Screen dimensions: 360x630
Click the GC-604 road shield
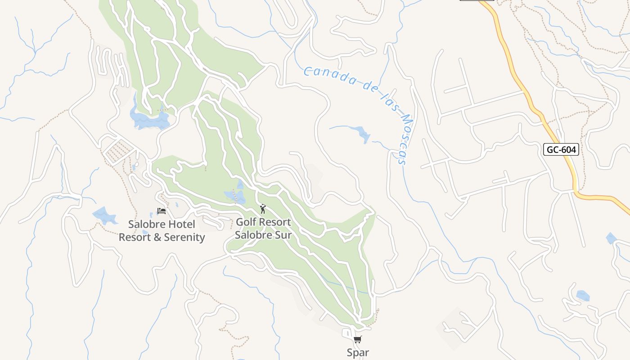(561, 149)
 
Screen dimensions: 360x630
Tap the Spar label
(358, 353)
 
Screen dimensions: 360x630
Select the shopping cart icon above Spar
(358, 340)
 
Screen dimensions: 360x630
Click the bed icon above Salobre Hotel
(162, 211)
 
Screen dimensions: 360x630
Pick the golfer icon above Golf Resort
(263, 209)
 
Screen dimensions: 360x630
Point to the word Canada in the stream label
(327, 76)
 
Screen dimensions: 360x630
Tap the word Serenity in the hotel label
(184, 237)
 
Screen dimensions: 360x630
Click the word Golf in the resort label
(246, 222)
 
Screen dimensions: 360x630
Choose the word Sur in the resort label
(283, 234)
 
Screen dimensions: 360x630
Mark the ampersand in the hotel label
(157, 237)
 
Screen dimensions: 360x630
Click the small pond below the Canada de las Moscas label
(362, 134)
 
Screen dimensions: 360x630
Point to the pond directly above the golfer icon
(236, 196)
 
